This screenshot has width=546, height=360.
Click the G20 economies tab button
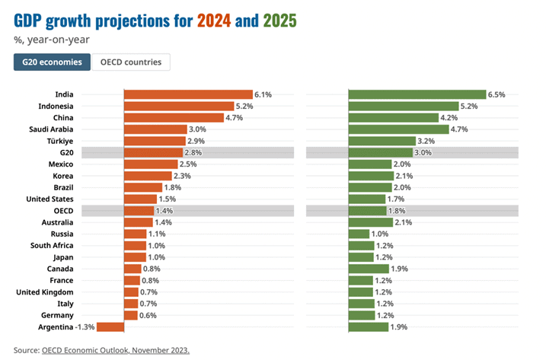pyautogui.click(x=52, y=62)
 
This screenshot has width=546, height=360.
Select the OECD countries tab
pyautogui.click(x=131, y=62)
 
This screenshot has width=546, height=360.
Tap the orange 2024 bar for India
pyautogui.click(x=187, y=94)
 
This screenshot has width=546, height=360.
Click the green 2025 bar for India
pyautogui.click(x=417, y=94)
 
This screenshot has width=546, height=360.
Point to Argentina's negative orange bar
pyautogui.click(x=110, y=327)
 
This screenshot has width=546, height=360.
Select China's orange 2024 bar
pyautogui.click(x=173, y=117)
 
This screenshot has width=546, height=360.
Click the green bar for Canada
pyautogui.click(x=368, y=269)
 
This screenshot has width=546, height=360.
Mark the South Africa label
pyautogui.click(x=52, y=246)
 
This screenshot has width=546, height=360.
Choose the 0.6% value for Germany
pyautogui.click(x=149, y=315)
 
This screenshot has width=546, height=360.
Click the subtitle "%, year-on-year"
pyautogui.click(x=45, y=39)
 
